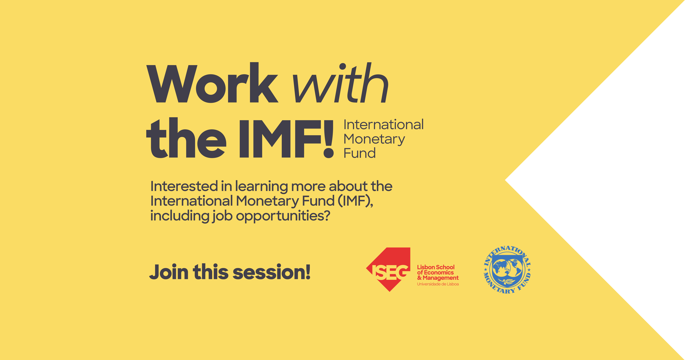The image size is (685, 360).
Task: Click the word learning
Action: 261,187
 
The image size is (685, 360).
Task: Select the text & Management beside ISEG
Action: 438,278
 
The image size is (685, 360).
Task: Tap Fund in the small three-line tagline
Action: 360,153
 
